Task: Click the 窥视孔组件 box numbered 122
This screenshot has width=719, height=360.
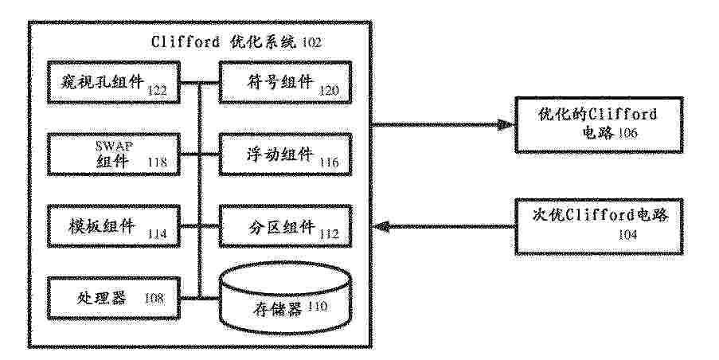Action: pos(113,82)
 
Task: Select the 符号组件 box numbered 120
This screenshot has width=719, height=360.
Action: pos(285,82)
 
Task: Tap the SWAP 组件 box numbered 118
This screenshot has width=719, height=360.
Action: pos(113,154)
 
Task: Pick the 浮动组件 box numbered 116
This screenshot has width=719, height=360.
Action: pos(285,154)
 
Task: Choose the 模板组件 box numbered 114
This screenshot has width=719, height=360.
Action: pos(113,226)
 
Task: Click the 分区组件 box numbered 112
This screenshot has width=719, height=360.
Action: pos(285,226)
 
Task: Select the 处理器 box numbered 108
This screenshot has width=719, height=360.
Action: pos(113,298)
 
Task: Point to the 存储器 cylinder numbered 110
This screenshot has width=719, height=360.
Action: pos(285,298)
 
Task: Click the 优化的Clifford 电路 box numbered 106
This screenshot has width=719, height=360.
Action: pos(599,124)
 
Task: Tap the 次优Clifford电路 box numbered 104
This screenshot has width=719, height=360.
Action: pos(599,226)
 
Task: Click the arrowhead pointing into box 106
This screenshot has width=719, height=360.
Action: pos(506,124)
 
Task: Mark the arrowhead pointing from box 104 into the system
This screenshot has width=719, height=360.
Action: pos(381,226)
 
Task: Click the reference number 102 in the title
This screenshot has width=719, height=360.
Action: pos(311,43)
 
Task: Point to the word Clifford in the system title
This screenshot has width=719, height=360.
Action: pos(186,41)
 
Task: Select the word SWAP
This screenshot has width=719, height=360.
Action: pos(114,147)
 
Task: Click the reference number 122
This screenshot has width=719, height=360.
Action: pos(157,90)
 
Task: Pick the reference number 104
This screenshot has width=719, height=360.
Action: pos(627,235)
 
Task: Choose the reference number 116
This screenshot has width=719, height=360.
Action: pos(329,162)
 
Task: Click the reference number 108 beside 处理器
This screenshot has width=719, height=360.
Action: pos(154,298)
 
